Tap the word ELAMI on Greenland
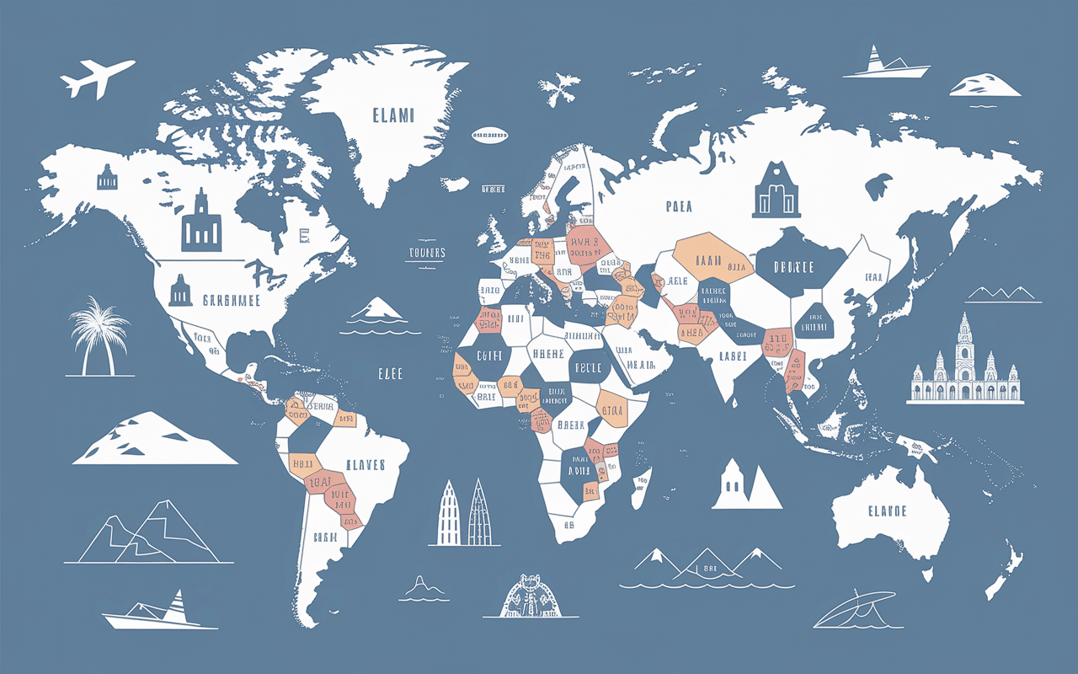pos(392,115)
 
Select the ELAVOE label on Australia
pos(886,511)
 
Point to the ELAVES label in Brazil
pos(365,464)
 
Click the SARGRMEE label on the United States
pos(232,299)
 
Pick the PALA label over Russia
pos(679,205)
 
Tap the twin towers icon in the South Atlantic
pos(463,511)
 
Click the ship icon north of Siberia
pos(887,64)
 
